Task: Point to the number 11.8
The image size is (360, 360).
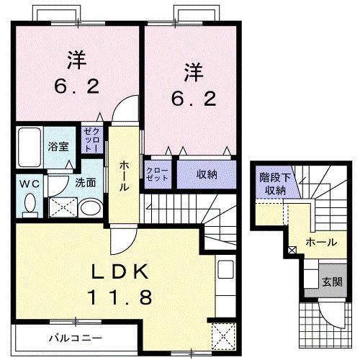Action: point(120,296)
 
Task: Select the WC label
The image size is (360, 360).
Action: point(30,183)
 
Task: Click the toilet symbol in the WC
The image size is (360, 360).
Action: point(30,204)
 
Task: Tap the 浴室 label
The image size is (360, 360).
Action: point(58,145)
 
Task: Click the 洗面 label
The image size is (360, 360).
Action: point(86,182)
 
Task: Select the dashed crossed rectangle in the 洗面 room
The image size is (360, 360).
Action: point(62,207)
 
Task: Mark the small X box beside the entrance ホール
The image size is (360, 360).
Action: point(292,251)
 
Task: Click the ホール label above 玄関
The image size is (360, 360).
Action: point(320,243)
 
